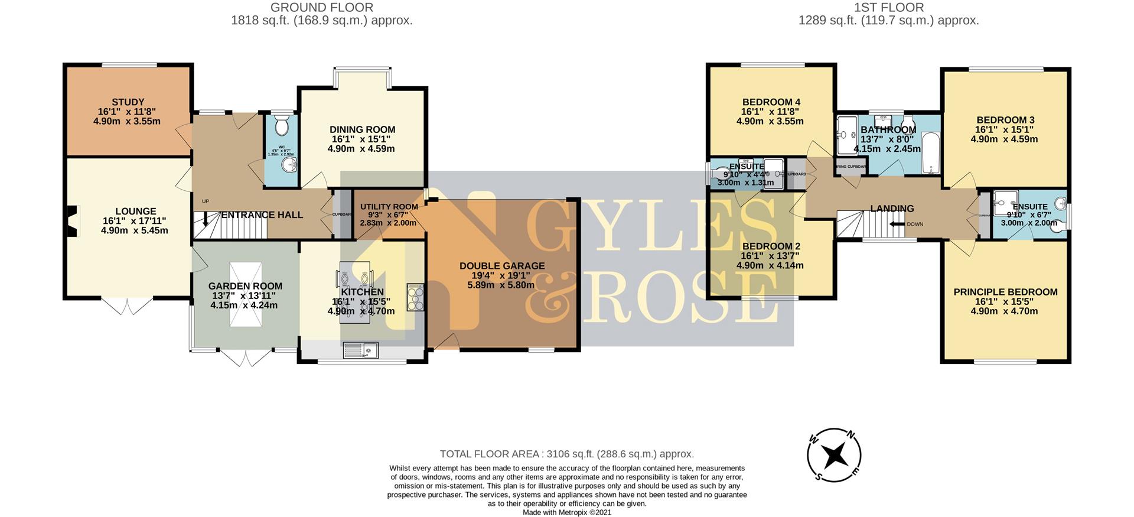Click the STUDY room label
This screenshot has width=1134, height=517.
pos(128,102)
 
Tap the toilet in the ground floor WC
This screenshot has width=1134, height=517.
pos(282,125)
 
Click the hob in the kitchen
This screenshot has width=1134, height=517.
pos(415,297)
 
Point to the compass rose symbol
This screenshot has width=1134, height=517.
pos(834,456)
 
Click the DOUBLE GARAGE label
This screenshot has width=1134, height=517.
pos(502,266)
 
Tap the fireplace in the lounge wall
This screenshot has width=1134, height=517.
pos(71,222)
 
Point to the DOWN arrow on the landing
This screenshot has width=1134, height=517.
pos(898,225)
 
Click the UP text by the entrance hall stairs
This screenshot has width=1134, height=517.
pos(206,201)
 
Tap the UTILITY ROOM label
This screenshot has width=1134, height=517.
pos(389,207)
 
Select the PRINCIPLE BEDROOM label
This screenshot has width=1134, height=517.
pos(1005,292)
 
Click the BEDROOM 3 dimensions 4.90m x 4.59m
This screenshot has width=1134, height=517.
pos(1004,139)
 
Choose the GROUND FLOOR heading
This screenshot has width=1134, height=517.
pos(321,8)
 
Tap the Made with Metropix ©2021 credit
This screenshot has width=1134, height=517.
pos(566,512)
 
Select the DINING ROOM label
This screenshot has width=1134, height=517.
pos(362,129)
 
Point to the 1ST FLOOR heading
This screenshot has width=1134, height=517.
pos(888,8)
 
